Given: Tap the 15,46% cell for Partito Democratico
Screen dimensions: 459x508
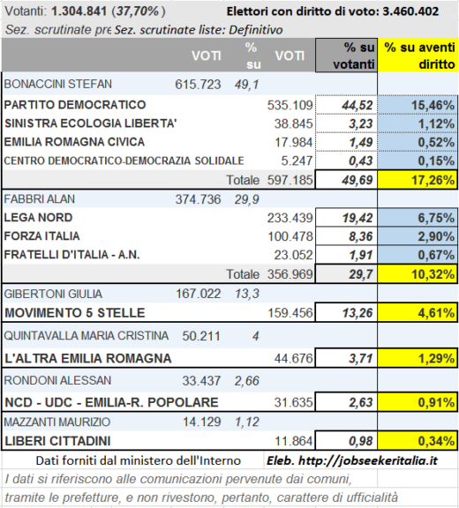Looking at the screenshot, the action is (x=418, y=105).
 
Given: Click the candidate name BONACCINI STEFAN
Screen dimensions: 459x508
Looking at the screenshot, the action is (x=58, y=84).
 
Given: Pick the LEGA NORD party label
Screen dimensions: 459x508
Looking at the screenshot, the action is (x=38, y=217).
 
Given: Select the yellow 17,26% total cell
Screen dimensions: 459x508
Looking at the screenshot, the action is (x=418, y=179).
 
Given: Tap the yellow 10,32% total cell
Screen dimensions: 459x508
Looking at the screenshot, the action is (x=418, y=274).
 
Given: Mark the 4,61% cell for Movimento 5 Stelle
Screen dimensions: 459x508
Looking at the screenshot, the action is (x=418, y=313).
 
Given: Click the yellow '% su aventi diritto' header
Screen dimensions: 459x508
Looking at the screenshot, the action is (x=418, y=55).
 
